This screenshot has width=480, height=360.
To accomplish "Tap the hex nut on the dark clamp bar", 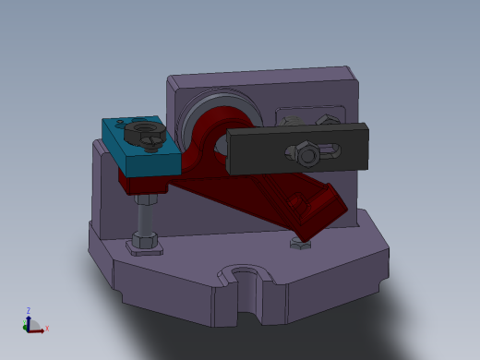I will tap(304, 152).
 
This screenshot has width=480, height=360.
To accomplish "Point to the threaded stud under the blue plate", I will tap(146, 218).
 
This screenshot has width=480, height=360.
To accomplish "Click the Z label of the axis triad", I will tap(29, 311).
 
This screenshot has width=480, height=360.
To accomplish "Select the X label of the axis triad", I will tap(47, 329).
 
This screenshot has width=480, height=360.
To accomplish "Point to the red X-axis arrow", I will tap(38, 328).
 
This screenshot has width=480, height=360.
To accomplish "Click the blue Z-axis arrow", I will tap(29, 320).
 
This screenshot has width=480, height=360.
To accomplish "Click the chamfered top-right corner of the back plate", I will tap(351, 72).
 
